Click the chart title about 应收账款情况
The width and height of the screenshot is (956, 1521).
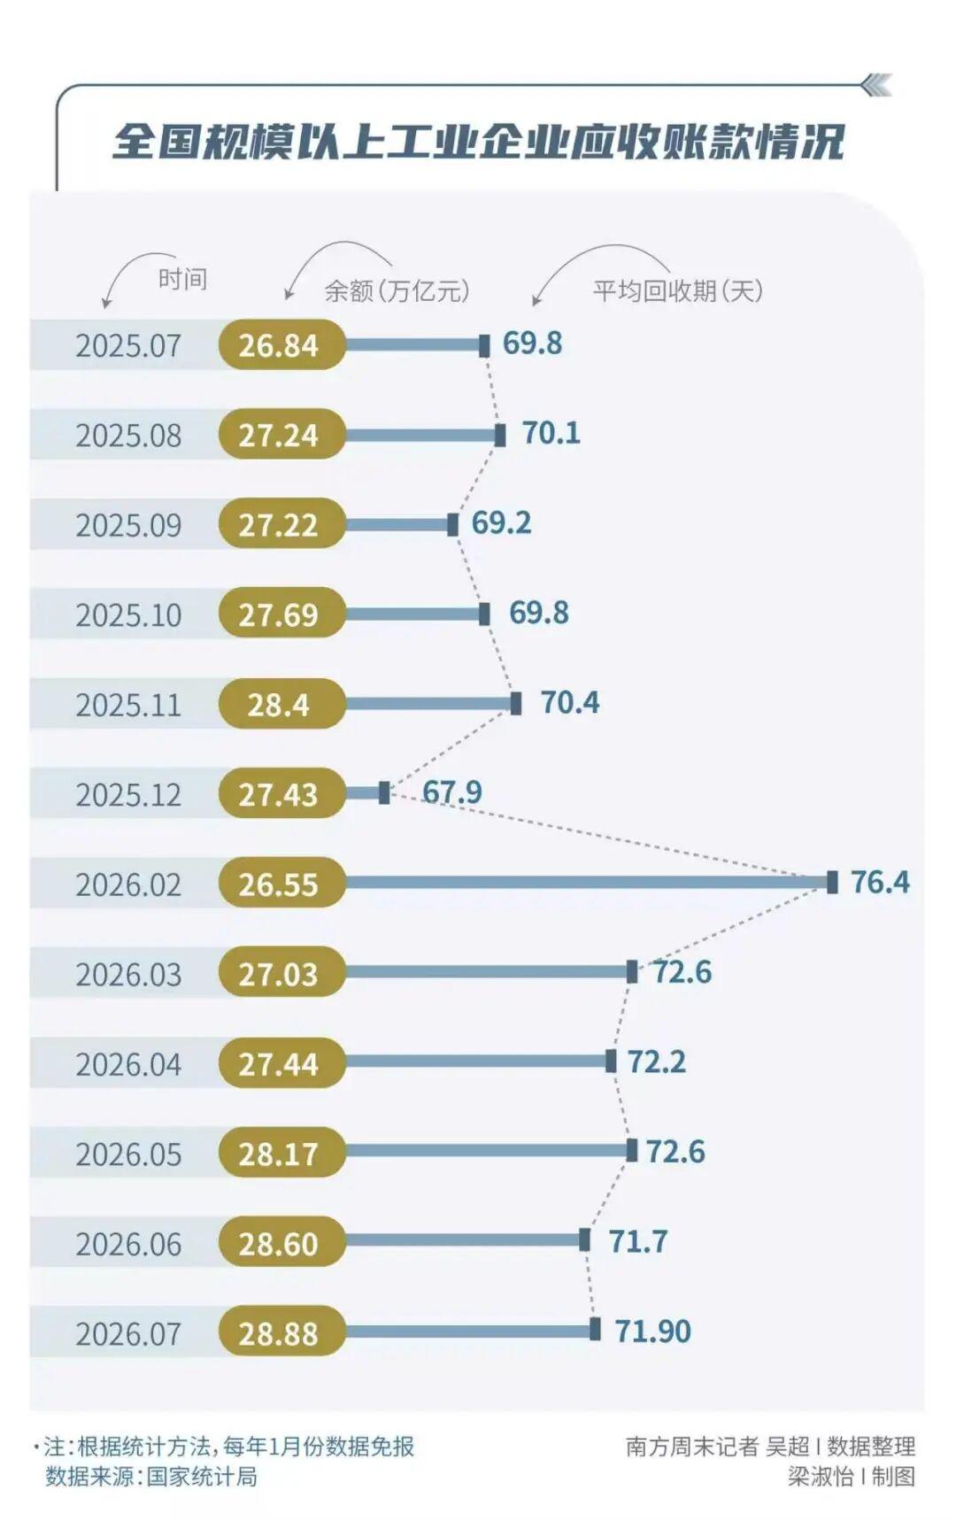[x=478, y=142]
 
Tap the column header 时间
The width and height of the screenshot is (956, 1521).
[x=182, y=280]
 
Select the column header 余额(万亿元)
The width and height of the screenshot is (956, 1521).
[x=397, y=290]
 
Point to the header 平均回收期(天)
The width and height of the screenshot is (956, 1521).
[x=678, y=290]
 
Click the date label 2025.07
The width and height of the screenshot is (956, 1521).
[x=128, y=345]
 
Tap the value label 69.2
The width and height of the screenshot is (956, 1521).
[x=501, y=522]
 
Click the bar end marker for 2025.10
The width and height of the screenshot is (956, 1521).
[x=484, y=614]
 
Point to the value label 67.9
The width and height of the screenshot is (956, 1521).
[x=451, y=791]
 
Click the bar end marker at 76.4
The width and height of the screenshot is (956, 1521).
[x=832, y=882]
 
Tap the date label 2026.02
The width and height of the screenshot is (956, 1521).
[x=128, y=884]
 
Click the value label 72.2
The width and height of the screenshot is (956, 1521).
[x=657, y=1061]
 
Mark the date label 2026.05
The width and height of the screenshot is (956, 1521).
[x=128, y=1154]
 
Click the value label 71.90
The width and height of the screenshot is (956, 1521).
[x=653, y=1331]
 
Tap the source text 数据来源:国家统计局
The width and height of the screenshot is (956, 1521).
[x=151, y=1476]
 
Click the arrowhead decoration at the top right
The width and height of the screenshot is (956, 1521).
[x=876, y=85]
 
